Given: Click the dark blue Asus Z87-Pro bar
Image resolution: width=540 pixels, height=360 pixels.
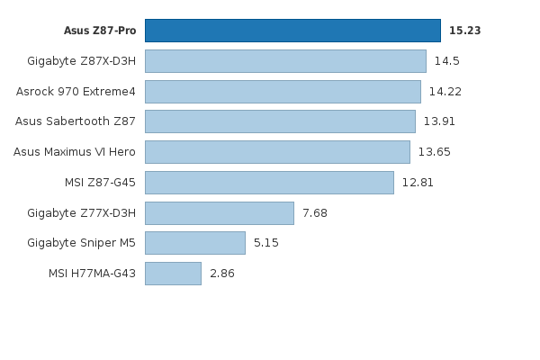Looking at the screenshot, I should [x=292, y=31].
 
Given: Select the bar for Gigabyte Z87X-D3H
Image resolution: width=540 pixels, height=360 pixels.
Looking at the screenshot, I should [x=285, y=61].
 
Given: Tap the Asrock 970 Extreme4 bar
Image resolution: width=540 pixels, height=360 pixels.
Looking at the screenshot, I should [x=283, y=92].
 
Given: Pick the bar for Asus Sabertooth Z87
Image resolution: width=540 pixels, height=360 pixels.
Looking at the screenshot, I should [x=280, y=121].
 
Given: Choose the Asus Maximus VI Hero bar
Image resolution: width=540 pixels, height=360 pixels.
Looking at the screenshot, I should [x=277, y=152].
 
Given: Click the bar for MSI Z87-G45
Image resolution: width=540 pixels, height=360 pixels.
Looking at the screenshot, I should [x=269, y=183].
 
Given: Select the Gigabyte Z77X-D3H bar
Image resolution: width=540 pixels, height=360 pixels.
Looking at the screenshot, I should [x=219, y=213].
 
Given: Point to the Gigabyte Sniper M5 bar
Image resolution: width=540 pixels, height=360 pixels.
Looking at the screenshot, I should [x=194, y=243].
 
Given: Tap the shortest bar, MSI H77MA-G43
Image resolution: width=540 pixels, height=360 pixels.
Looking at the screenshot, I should [x=173, y=274].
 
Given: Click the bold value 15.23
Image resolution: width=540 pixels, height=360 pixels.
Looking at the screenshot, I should [x=464, y=31].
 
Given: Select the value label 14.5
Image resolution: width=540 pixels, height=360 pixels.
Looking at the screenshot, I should [x=447, y=61].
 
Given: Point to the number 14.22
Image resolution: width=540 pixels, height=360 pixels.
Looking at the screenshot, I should [x=445, y=92].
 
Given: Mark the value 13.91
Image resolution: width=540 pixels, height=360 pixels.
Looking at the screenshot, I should [x=440, y=121].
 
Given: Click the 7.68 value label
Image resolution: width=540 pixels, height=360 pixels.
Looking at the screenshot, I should [x=315, y=213].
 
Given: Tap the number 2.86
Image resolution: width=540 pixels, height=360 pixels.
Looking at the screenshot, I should [x=222, y=274].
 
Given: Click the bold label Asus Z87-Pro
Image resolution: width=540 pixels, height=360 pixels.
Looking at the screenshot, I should [x=100, y=31].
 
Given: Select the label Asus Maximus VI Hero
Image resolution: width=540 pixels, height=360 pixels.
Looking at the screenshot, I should [x=75, y=152].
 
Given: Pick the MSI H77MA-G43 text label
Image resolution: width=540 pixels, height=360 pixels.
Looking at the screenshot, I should [x=93, y=274].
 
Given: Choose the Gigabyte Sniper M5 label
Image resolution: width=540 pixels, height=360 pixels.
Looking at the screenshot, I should [x=82, y=243].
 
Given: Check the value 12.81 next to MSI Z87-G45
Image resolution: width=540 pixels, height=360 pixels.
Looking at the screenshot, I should [x=418, y=183].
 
